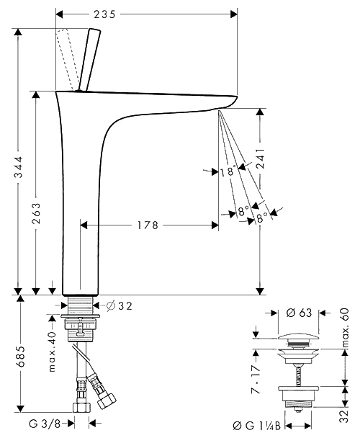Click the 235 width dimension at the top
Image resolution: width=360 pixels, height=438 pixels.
(x=104, y=14)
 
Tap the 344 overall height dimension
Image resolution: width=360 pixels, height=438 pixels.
(x=19, y=167)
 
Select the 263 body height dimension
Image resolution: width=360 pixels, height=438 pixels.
(x=36, y=213)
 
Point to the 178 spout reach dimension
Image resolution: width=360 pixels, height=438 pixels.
(x=148, y=225)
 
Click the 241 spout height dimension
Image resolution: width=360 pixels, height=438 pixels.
(x=261, y=158)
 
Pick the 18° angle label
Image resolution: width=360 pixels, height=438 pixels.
(x=228, y=171)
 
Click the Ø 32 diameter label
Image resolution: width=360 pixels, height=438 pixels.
(x=120, y=306)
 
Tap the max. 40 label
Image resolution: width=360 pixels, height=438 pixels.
(x=52, y=352)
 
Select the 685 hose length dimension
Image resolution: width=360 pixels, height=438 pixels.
(x=20, y=357)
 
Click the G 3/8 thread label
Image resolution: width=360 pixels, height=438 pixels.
(x=45, y=424)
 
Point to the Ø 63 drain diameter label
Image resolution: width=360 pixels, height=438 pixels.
(x=299, y=313)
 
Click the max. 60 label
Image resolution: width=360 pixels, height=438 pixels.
(x=345, y=328)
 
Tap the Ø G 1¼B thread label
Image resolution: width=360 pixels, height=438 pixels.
(x=256, y=426)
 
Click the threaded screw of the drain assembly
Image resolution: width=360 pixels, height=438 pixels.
(x=298, y=375)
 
